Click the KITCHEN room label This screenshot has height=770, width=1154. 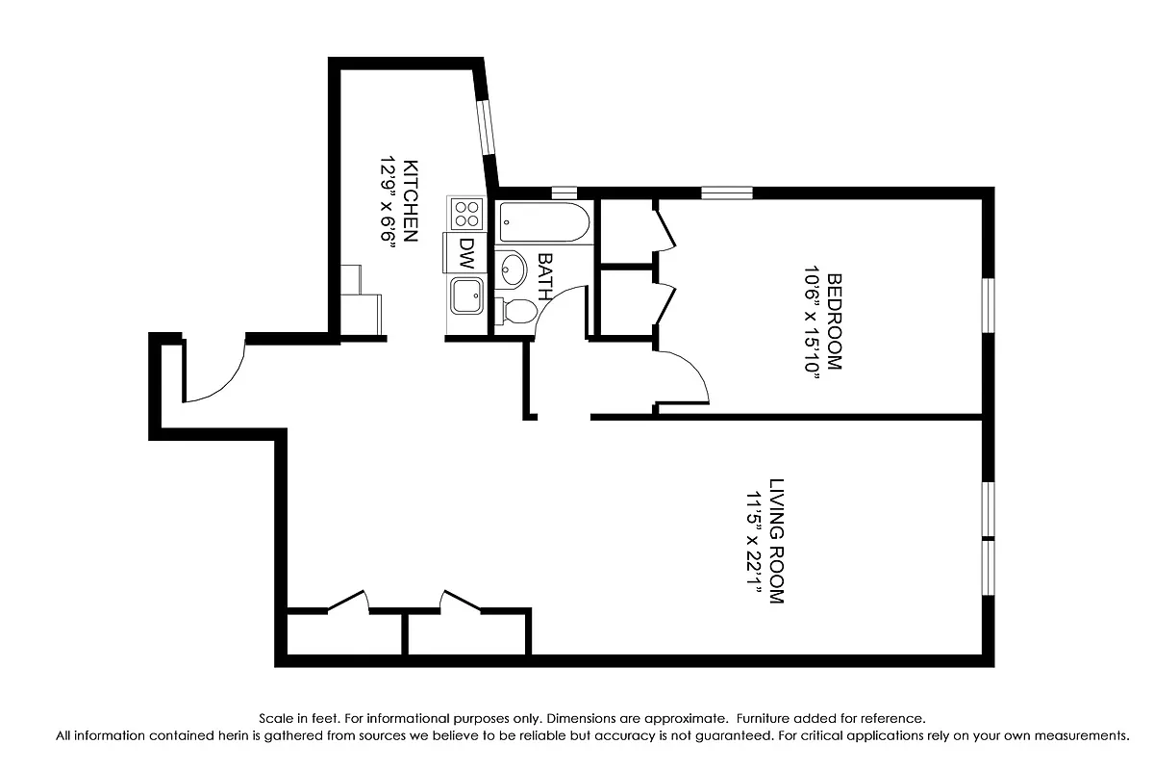point(411,199)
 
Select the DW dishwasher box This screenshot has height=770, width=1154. point(466,252)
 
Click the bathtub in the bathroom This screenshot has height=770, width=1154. point(542,222)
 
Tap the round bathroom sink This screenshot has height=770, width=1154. point(513,269)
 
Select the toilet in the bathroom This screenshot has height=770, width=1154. point(516,311)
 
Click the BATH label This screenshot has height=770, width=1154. point(545,277)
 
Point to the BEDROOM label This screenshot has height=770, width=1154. point(834,321)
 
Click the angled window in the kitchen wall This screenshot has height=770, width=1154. point(487,121)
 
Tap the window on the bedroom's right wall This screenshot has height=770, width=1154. point(987,306)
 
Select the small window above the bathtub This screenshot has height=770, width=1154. point(564,192)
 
